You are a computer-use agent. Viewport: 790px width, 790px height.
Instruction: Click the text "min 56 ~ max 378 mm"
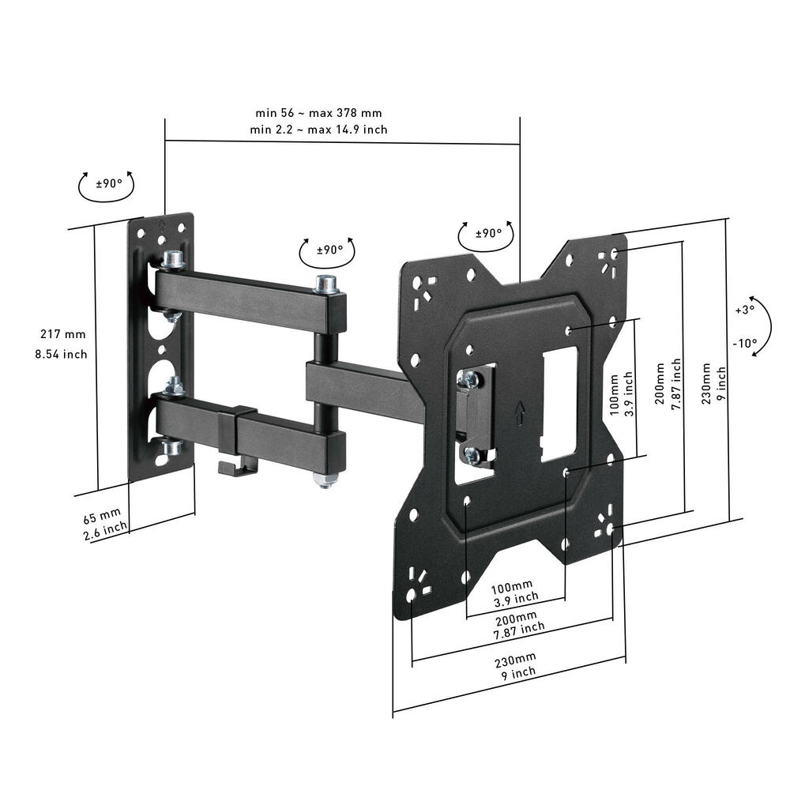pyautogui.click(x=318, y=113)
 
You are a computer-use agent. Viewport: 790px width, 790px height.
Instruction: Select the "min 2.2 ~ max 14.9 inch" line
pyautogui.click(x=318, y=129)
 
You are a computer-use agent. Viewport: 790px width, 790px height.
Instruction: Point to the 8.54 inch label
pyautogui.click(x=61, y=354)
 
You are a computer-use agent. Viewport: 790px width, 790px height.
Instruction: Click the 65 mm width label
pyautogui.click(x=102, y=518)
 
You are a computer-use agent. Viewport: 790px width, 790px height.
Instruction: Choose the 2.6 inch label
pyautogui.click(x=105, y=532)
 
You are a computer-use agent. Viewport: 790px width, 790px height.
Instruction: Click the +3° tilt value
pyautogui.click(x=744, y=310)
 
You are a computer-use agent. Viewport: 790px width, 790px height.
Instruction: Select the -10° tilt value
pyautogui.click(x=744, y=344)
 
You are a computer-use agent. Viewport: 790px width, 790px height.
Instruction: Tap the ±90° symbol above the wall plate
pyautogui.click(x=109, y=183)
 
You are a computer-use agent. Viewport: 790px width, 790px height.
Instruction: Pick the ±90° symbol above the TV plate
pyautogui.click(x=488, y=233)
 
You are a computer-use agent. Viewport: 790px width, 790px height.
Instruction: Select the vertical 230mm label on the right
pyautogui.click(x=707, y=382)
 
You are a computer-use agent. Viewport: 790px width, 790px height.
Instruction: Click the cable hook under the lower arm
pyautogui.click(x=235, y=468)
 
